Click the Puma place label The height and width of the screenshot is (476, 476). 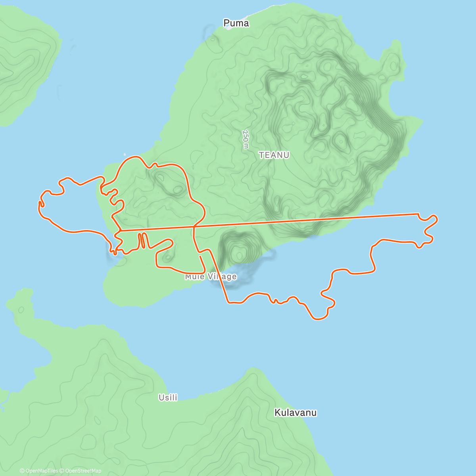(x=236, y=23)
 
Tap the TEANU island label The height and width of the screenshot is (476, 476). (x=274, y=155)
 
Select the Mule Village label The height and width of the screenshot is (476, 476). (x=211, y=276)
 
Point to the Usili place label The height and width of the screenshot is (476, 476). (x=168, y=397)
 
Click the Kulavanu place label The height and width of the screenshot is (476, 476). (x=296, y=413)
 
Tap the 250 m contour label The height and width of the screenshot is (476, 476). (x=246, y=139)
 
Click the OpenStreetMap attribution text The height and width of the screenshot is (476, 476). (x=83, y=471)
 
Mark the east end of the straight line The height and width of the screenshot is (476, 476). (x=418, y=214)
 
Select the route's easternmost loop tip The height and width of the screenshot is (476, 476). (x=436, y=219)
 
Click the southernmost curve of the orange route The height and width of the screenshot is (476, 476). (x=317, y=319)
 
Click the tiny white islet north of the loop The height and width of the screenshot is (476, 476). (x=125, y=154)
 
